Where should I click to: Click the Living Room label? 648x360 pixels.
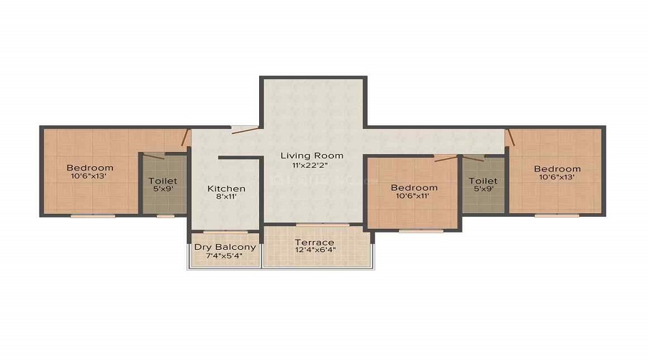312,156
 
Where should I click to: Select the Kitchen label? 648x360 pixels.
226,189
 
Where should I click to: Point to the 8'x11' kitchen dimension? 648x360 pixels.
226,197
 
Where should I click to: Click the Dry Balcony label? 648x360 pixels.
225,247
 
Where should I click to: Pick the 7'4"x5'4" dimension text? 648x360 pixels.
224,256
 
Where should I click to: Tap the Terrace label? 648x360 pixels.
315,242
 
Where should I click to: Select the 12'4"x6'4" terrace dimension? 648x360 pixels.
315,250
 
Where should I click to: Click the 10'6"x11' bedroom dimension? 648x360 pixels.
413,197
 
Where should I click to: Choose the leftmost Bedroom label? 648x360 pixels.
90,168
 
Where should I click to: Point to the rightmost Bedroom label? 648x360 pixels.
557,168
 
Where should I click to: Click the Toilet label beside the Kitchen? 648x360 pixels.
163,181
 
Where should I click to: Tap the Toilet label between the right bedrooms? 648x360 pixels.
483,181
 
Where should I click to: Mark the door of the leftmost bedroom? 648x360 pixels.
185,138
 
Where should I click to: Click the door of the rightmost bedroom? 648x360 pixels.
510,138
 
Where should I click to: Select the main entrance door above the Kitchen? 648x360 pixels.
245,130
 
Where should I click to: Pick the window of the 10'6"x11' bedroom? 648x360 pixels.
421,231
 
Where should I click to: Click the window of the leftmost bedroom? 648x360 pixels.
93,216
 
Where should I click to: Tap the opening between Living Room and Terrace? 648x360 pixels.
323,225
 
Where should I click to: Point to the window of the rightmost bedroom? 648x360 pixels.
557,215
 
